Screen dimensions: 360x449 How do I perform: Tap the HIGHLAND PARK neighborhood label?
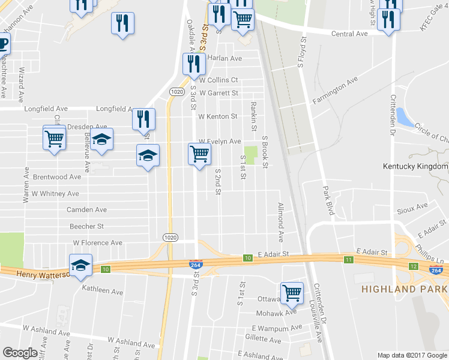[x=397, y=290]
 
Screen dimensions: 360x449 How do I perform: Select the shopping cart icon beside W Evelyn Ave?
[x=199, y=154]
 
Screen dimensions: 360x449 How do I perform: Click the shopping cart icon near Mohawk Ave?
[x=292, y=293]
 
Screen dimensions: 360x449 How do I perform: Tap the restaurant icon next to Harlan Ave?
[x=193, y=64]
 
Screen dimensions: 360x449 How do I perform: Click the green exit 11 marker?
[x=348, y=259]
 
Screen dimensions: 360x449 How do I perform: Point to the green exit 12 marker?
[x=413, y=266]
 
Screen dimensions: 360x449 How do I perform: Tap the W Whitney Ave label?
[x=55, y=194]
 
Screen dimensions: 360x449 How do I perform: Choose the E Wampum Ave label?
[x=277, y=328]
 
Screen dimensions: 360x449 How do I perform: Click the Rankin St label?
[x=253, y=118]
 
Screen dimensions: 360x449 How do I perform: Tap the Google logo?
[x=20, y=353]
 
